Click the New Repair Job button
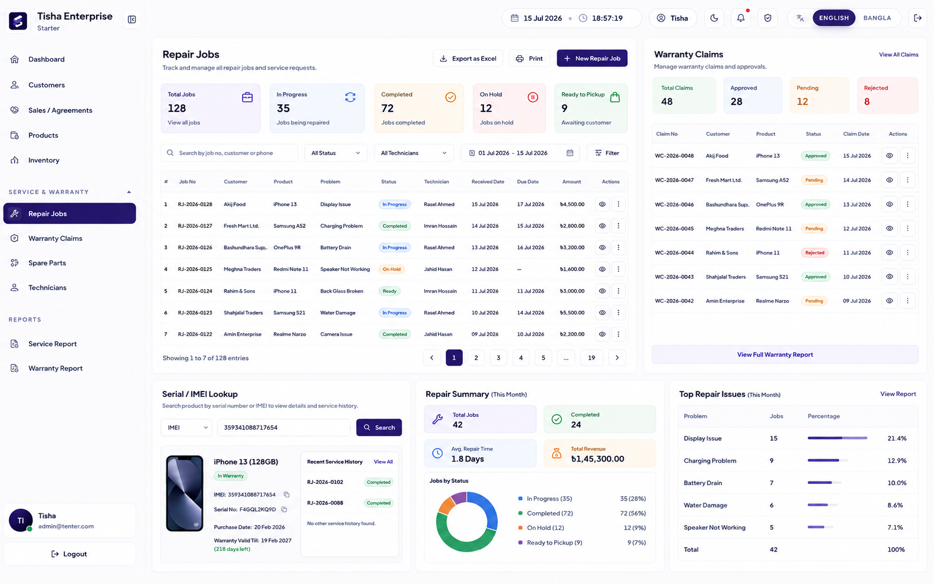[592, 58]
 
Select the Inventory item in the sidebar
[44, 160]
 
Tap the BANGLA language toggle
[877, 18]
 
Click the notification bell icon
[740, 18]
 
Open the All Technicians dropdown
[413, 153]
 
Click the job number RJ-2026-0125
[195, 269]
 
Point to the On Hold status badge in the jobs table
[392, 269]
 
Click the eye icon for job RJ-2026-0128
[602, 204]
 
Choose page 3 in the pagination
[498, 358]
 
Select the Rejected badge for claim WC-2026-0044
[814, 253]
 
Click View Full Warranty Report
[775, 354]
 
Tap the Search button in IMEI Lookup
[379, 427]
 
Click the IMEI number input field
[283, 427]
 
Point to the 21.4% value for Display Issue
[897, 439]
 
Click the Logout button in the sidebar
[69, 554]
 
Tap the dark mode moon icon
[714, 18]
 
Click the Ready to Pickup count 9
[564, 108]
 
